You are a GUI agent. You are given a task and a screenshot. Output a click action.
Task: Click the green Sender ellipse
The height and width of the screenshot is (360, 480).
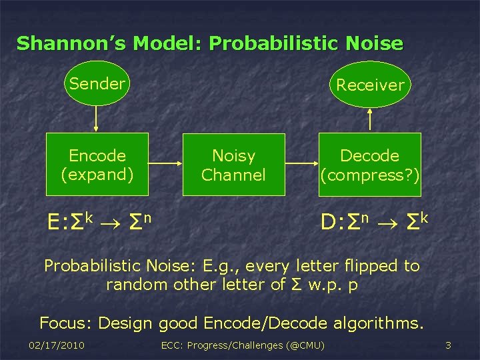(97, 84)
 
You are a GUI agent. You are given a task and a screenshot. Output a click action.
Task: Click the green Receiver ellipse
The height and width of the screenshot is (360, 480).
(370, 85)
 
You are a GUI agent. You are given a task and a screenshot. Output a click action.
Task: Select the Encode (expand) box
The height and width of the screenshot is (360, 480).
(97, 165)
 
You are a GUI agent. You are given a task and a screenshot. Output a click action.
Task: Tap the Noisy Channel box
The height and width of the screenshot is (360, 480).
(233, 165)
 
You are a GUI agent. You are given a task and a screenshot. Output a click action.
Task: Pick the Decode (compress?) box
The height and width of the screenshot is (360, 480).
(369, 165)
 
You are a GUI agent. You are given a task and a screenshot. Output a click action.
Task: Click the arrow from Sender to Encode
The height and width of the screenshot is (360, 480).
(97, 119)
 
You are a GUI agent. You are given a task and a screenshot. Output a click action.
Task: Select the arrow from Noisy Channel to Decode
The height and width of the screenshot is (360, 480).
(301, 165)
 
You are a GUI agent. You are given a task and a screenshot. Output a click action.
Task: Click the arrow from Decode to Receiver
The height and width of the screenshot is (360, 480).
(370, 120)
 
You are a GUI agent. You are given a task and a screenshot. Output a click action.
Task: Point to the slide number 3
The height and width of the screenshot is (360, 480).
(448, 345)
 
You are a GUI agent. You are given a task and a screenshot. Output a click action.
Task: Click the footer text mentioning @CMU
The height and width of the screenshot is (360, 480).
(243, 345)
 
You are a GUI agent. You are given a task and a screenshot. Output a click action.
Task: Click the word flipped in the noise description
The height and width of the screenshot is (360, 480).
(369, 266)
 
